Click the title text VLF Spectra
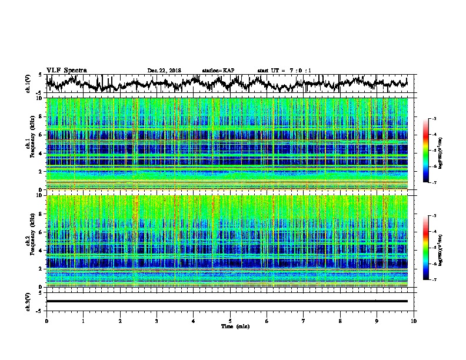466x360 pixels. pyautogui.click(x=66, y=70)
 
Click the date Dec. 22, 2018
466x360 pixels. pyautogui.click(x=164, y=71)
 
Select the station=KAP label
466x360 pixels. pyautogui.click(x=218, y=71)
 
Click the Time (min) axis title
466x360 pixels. pyautogui.click(x=231, y=326)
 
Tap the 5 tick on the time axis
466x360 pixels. pyautogui.click(x=231, y=320)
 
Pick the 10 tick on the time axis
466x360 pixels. pyautogui.click(x=414, y=320)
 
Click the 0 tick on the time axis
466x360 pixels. pyautogui.click(x=47, y=320)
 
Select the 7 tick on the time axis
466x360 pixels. pyautogui.click(x=304, y=320)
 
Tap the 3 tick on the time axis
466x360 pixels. pyautogui.click(x=157, y=320)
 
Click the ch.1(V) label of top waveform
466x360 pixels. pyautogui.click(x=29, y=84)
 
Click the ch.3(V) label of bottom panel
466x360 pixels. pyautogui.click(x=29, y=301)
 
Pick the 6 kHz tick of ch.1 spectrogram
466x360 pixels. pyautogui.click(x=41, y=135)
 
